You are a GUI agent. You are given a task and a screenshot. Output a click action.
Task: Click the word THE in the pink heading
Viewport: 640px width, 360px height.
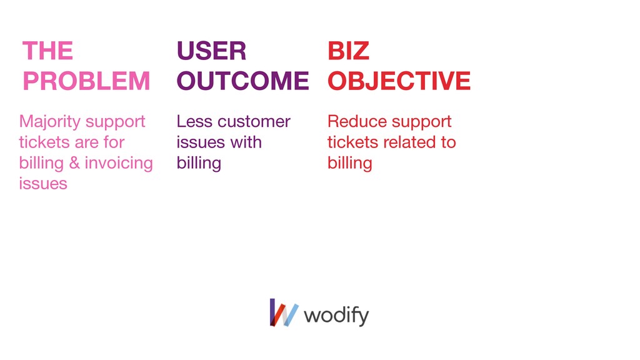pos(47,51)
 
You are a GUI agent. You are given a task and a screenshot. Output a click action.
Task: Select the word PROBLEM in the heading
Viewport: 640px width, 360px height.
pos(86,81)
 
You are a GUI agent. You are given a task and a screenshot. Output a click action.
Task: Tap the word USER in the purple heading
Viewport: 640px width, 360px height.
pos(211,51)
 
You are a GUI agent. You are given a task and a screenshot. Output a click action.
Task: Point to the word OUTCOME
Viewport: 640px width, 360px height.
pos(243,81)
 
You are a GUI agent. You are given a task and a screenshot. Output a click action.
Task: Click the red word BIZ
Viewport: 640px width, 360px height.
pos(349,51)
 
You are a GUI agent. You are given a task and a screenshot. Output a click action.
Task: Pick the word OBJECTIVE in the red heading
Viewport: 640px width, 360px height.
pos(399,81)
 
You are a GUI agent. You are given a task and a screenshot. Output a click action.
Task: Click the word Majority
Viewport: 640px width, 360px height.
pos(50,122)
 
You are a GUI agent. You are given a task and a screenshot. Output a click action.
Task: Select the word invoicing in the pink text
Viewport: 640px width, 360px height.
pos(119,163)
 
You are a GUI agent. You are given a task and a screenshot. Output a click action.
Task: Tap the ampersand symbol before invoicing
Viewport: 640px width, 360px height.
pos(74,163)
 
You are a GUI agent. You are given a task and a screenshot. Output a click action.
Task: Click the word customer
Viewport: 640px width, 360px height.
pos(254,122)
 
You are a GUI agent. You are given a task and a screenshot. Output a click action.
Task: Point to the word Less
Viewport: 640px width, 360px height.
pos(194,121)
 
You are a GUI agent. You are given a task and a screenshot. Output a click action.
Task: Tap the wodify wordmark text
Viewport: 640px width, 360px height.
pos(336,316)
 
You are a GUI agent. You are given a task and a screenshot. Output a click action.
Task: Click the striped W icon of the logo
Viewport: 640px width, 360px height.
pos(284,312)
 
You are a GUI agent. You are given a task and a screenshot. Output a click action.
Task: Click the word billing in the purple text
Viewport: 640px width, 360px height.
pos(199,163)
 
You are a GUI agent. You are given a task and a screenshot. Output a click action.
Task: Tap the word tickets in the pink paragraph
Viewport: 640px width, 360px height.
pos(44,142)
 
